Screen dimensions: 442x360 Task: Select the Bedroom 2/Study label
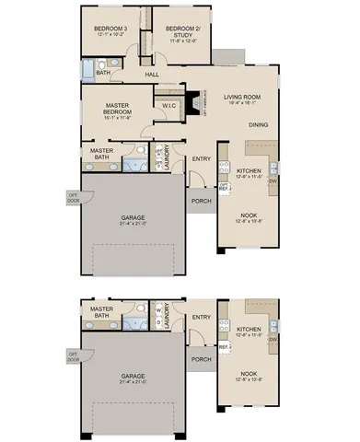[x=183, y=29]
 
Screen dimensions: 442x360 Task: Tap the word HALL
[x=153, y=76]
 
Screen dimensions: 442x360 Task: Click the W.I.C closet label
[x=168, y=106]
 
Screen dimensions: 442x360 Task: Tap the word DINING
[x=259, y=125]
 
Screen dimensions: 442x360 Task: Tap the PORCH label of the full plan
[x=199, y=203]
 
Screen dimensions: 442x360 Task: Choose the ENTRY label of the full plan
[x=202, y=158]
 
